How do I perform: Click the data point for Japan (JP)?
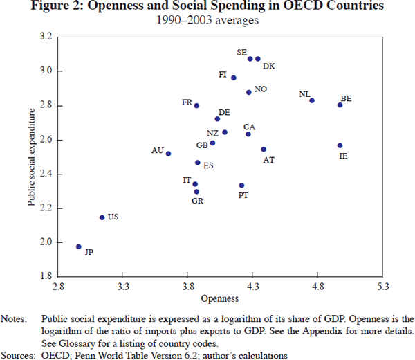pos(79,246)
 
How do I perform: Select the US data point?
pos(102,217)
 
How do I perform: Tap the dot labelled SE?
pos(250,59)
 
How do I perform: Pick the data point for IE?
pos(340,145)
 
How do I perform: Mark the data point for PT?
pos(241,186)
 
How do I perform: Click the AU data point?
pos(168,154)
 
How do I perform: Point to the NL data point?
pos(312,100)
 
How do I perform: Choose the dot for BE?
pos(340,105)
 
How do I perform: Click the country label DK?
pos(270,66)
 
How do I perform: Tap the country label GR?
pos(197,201)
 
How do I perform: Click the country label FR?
pos(187,103)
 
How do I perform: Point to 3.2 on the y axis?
pos(46,37)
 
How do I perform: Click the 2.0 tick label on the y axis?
pos(46,242)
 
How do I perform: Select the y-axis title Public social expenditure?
pos(31,156)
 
